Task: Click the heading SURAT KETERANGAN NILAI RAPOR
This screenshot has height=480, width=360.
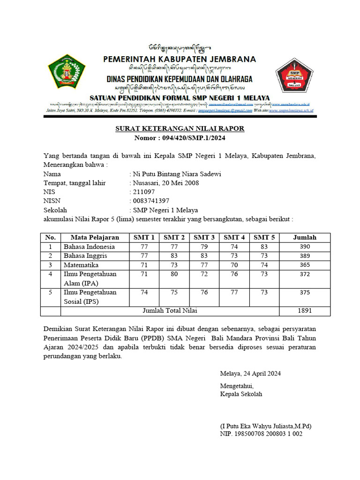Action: pos(180,128)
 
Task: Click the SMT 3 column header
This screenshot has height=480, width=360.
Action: pos(204,237)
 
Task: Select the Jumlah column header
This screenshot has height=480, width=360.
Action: pos(305,237)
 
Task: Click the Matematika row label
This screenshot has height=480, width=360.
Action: pos(82,264)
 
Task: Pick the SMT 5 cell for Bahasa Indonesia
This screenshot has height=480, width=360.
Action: pos(264,247)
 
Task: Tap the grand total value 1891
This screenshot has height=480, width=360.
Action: pos(305,310)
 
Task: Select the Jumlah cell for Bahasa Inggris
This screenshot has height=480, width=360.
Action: pos(305,255)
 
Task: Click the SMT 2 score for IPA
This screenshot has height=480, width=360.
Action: pos(174,274)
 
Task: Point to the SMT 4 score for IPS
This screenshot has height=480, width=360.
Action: pos(234,292)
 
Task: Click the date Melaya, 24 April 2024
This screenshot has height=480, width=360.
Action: pos(250,374)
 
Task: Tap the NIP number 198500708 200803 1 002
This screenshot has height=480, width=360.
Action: pos(261,434)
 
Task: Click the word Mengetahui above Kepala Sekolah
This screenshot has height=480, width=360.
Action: pos(237,386)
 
